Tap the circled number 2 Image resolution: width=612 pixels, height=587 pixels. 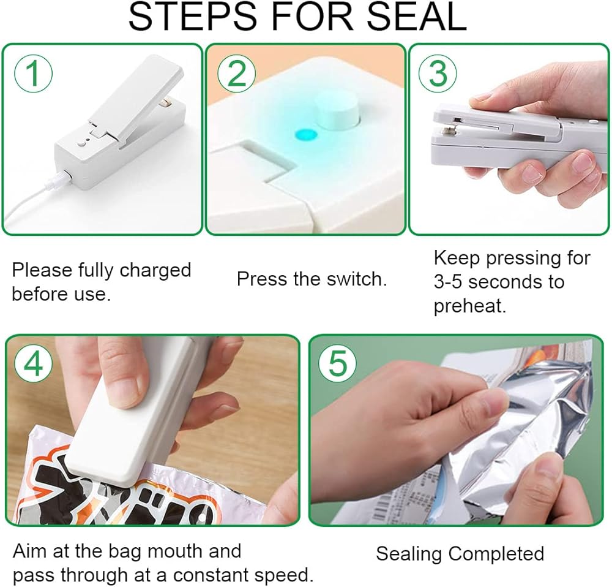click(x=236, y=74)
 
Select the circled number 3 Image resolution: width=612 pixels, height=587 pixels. click(x=438, y=74)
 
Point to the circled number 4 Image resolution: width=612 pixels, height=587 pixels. click(x=34, y=363)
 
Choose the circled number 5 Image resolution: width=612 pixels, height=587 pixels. click(x=338, y=363)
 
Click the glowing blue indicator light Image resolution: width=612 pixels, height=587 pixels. click(x=305, y=135)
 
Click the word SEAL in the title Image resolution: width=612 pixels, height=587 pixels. click(x=417, y=17)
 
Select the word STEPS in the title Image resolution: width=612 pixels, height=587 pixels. click(x=192, y=17)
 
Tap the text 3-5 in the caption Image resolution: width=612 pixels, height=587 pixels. click(x=449, y=282)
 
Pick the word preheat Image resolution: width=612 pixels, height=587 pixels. click(x=470, y=306)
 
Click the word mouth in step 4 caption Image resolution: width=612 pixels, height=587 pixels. click(x=176, y=551)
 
